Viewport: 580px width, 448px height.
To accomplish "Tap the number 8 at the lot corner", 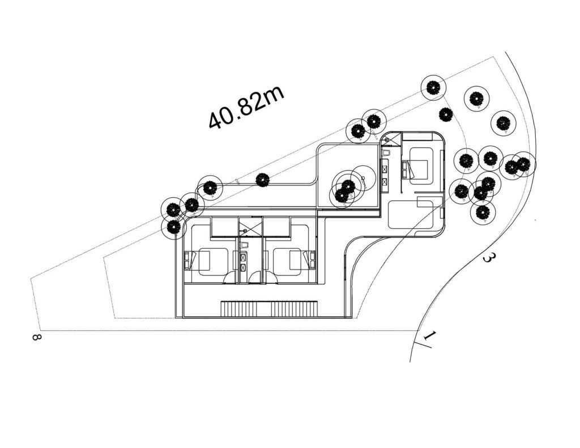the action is click(36, 337).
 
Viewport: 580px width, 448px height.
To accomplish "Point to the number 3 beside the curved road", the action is click(487, 258).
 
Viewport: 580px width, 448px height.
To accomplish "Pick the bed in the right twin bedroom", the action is click(294, 261).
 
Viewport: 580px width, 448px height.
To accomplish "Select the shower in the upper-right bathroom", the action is click(391, 139).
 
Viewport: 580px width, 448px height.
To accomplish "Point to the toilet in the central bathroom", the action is click(244, 245).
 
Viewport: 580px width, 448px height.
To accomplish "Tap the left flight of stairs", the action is click(244, 309).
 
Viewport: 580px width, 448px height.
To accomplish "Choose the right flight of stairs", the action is click(295, 309).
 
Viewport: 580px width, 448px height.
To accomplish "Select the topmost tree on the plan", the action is click(433, 87).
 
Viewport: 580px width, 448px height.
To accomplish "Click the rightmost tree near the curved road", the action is click(523, 164).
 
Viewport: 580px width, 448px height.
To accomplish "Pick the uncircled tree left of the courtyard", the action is click(263, 180).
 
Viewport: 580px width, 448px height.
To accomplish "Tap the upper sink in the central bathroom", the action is click(244, 257).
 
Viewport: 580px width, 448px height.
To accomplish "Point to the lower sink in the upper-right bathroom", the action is click(385, 182).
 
